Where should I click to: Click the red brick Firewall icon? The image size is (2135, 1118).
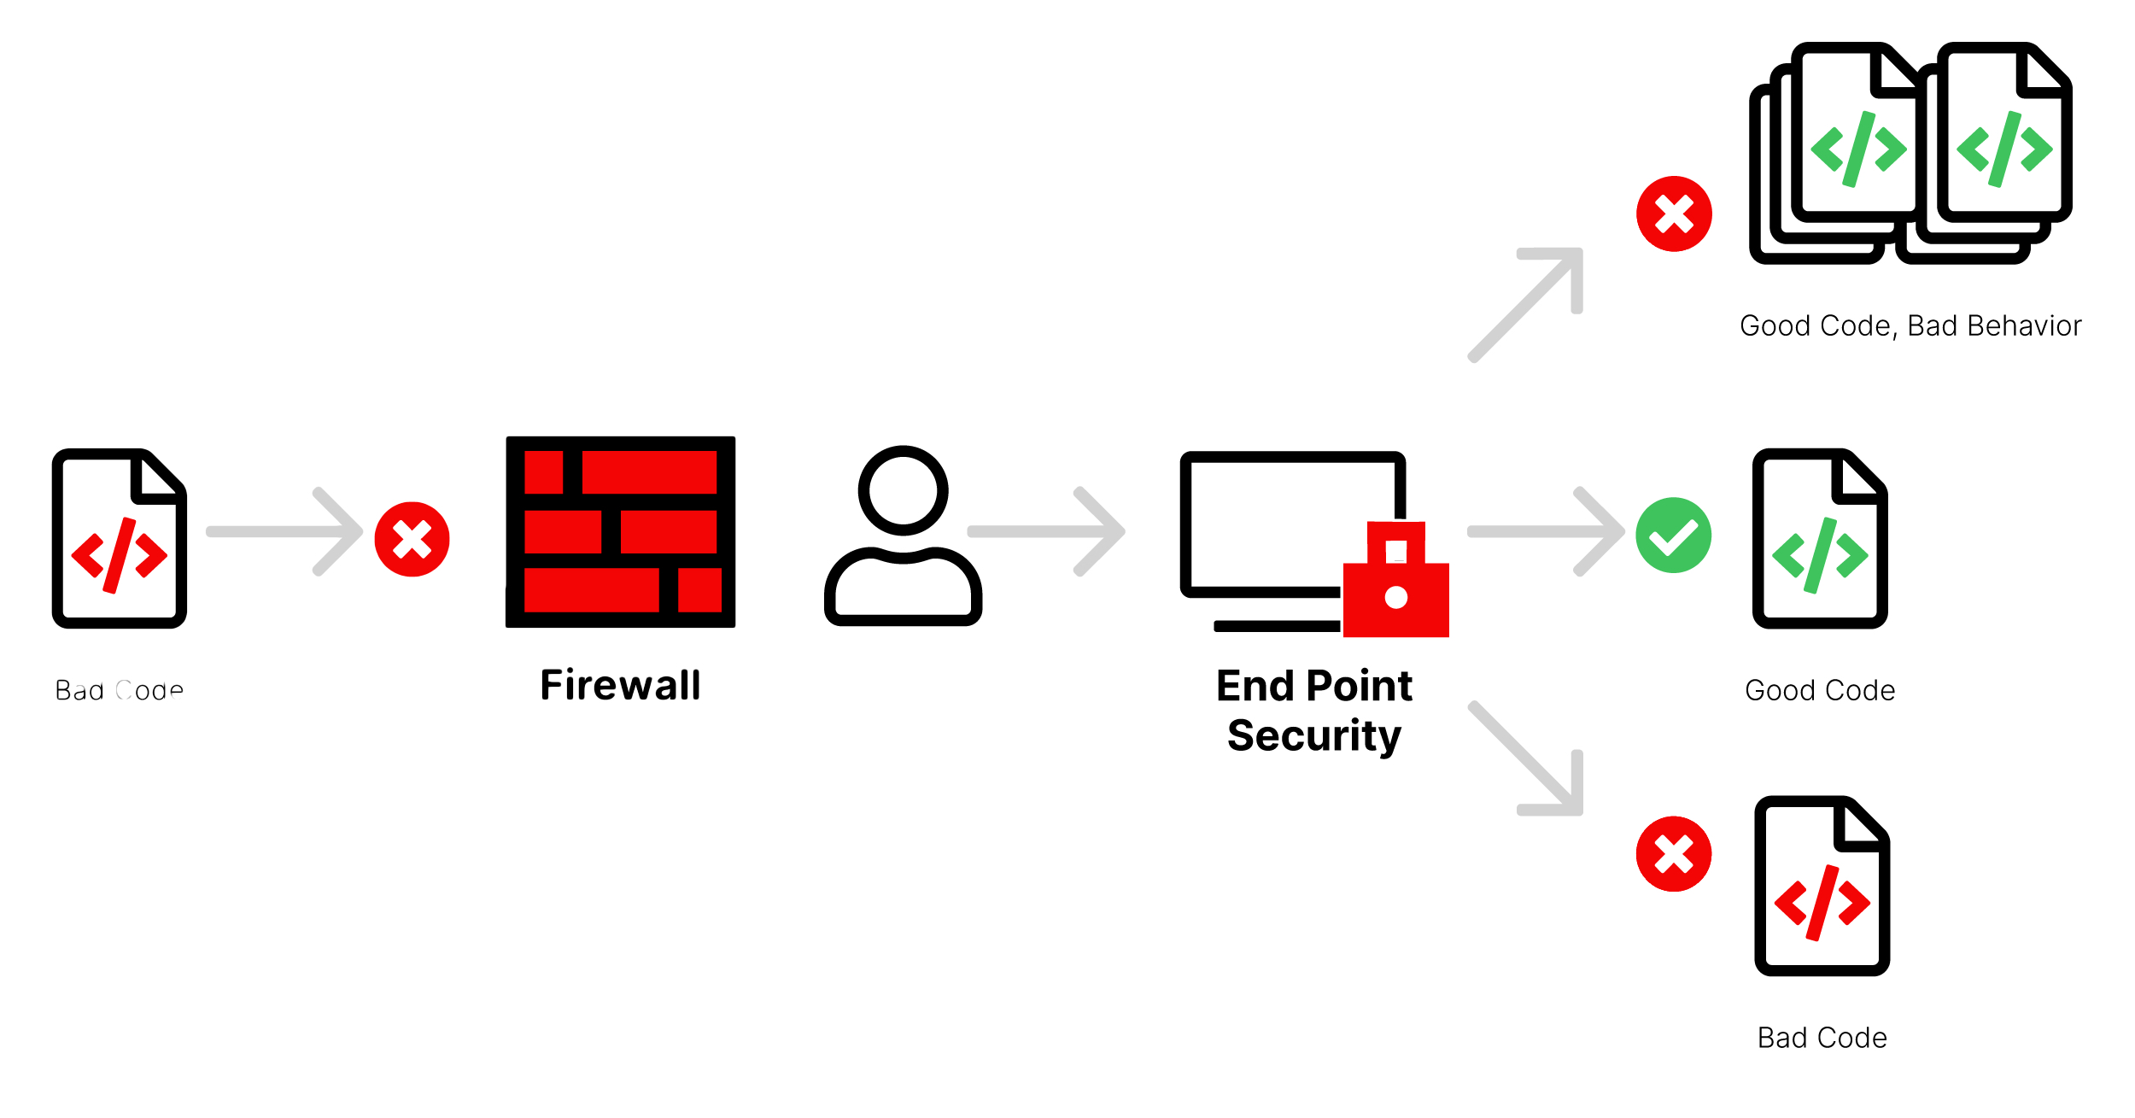620,531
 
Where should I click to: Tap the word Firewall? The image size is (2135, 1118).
620,685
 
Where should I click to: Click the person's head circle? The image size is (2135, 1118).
903,491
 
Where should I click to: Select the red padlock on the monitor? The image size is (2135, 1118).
1395,581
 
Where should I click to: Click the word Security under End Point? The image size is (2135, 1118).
1314,736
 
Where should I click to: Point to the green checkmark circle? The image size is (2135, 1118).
1673,536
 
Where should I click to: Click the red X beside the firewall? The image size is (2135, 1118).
412,539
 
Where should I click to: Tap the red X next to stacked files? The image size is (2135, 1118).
1674,214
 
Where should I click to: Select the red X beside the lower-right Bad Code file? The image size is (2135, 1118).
1674,854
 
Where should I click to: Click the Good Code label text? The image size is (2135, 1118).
1820,690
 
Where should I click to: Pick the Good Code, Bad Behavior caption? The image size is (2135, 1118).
1910,326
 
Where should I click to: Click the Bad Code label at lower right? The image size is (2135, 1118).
1822,1038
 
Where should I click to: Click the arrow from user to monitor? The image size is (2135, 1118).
1046,531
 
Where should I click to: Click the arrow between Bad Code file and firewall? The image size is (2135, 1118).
285,531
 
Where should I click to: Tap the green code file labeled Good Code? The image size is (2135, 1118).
1820,538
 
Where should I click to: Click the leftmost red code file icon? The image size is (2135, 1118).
120,538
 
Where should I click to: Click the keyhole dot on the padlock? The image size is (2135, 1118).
1395,597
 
